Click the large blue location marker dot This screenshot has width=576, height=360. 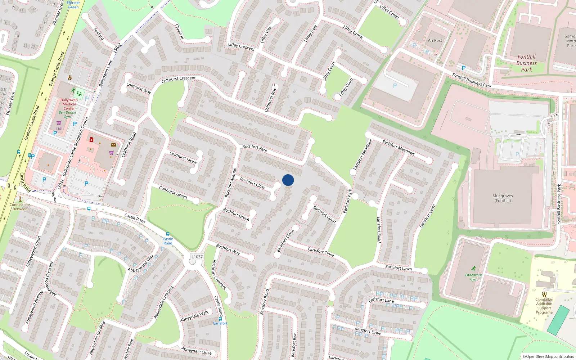coord(288,180)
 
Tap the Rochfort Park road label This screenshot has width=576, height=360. coord(255,148)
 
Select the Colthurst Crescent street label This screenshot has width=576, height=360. coord(179,79)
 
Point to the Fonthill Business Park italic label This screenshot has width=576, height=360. coord(526,63)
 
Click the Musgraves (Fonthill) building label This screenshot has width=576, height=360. coord(503,198)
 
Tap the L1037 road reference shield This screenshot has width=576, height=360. coord(197,257)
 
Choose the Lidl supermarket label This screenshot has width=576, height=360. coord(59,129)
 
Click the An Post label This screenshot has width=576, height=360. coord(435,41)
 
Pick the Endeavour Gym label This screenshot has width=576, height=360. coord(473,277)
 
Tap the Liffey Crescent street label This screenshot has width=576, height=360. coord(241,46)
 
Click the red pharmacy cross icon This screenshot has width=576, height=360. coord(91,139)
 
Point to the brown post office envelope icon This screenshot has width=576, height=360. coord(113,145)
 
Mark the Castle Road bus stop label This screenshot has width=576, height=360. coord(168,241)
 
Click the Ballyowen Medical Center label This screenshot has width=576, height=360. coord(69,104)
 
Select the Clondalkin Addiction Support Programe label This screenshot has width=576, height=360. coord(544,306)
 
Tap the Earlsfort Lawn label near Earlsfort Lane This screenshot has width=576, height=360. coord(398,268)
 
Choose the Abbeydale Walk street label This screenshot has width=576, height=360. coord(194,316)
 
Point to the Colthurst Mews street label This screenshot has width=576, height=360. coord(183,158)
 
